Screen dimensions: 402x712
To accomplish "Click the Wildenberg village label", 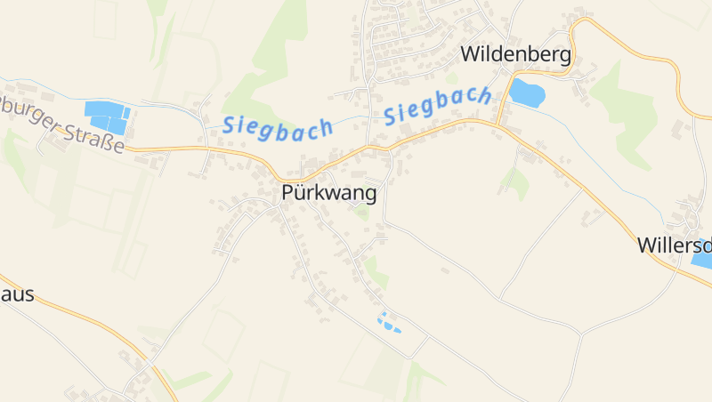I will pyautogui.click(x=515, y=55).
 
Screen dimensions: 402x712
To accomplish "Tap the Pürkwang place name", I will pyautogui.click(x=328, y=193).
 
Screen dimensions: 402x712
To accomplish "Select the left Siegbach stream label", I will pyautogui.click(x=278, y=125).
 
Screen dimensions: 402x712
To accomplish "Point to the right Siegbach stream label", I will pyautogui.click(x=439, y=106).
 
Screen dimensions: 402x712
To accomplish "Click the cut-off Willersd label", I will pyautogui.click(x=675, y=245).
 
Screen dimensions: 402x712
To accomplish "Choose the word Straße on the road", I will pyautogui.click(x=93, y=139).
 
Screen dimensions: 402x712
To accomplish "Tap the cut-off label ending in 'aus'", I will pyautogui.click(x=17, y=294).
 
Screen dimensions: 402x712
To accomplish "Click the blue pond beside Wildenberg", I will pyautogui.click(x=526, y=92).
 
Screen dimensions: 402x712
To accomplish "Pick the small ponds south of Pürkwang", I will pyautogui.click(x=388, y=323).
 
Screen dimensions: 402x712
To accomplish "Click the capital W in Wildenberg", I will pyautogui.click(x=470, y=55).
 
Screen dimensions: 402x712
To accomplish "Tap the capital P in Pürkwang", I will pyautogui.click(x=287, y=193).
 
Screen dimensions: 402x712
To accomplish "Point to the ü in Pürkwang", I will pyautogui.click(x=300, y=193).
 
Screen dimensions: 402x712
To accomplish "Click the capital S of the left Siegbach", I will pyautogui.click(x=230, y=125).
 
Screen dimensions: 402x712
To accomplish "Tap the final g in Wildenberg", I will pyautogui.click(x=564, y=57).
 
